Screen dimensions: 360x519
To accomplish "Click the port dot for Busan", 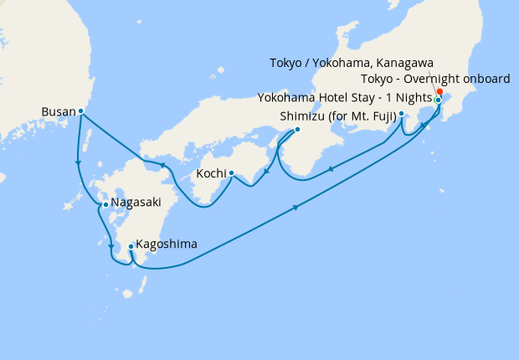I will pyautogui.click(x=80, y=111).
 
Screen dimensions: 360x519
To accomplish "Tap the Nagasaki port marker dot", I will pyautogui.click(x=105, y=204).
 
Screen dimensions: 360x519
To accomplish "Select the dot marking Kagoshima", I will pyautogui.click(x=131, y=246).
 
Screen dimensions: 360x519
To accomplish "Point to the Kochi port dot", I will pyautogui.click(x=230, y=174).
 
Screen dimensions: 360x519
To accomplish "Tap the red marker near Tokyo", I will pyautogui.click(x=440, y=93).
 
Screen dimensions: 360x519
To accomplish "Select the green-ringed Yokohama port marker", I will pyautogui.click(x=438, y=100).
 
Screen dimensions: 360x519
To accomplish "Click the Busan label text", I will pyautogui.click(x=58, y=110).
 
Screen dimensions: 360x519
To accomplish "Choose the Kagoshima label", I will pyautogui.click(x=167, y=244).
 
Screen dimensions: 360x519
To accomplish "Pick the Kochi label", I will pyautogui.click(x=211, y=173).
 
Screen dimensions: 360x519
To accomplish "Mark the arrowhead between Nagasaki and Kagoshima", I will pyautogui.click(x=111, y=246).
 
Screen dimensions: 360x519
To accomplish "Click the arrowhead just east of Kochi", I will pyautogui.click(x=265, y=173).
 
